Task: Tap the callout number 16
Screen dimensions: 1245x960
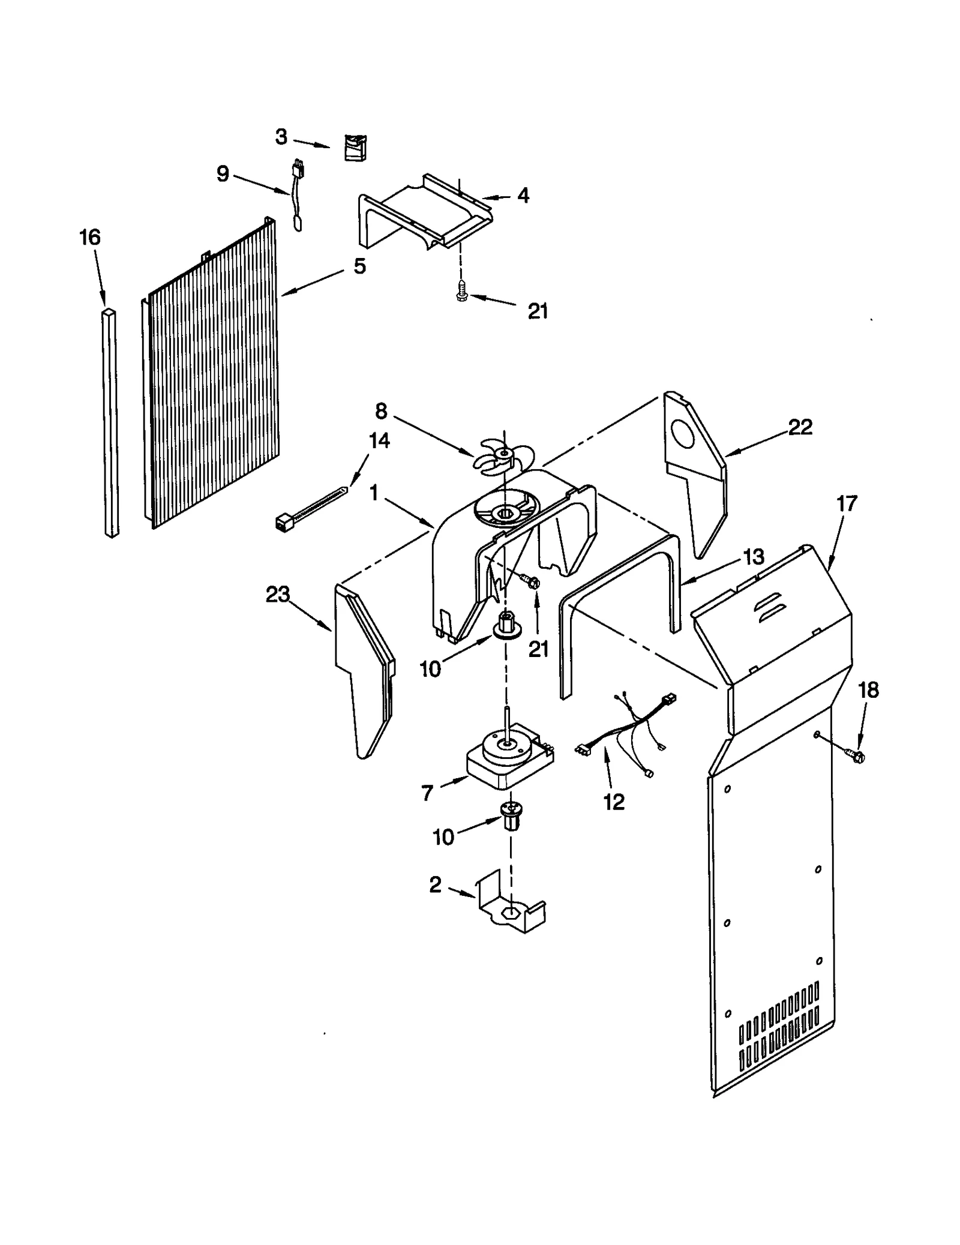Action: [90, 238]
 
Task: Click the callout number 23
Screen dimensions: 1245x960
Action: [278, 596]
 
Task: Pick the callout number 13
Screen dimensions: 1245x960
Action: [753, 557]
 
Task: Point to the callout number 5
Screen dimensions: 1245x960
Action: [359, 266]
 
